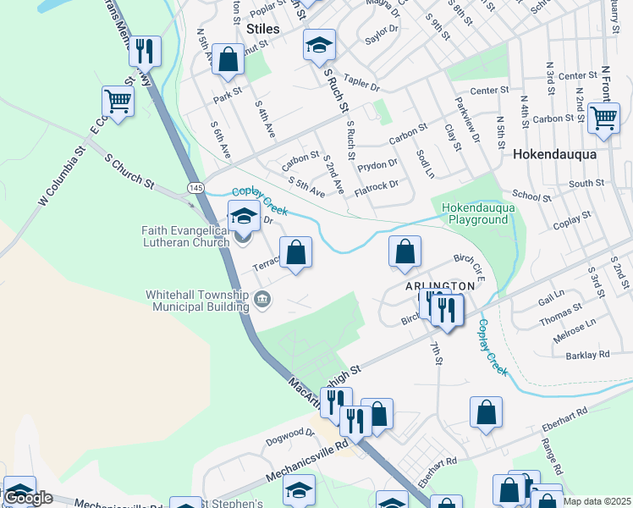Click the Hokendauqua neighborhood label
point(554,155)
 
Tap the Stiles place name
point(262,29)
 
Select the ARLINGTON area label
point(439,286)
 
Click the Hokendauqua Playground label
point(475,213)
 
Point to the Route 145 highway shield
point(195,186)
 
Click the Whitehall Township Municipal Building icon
point(262,299)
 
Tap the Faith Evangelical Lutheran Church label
point(185,236)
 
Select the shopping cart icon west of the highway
point(118,102)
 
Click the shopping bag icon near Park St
point(228,59)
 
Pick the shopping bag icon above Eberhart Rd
point(487,412)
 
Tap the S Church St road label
point(129,170)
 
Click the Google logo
point(28,498)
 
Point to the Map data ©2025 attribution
point(596,501)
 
